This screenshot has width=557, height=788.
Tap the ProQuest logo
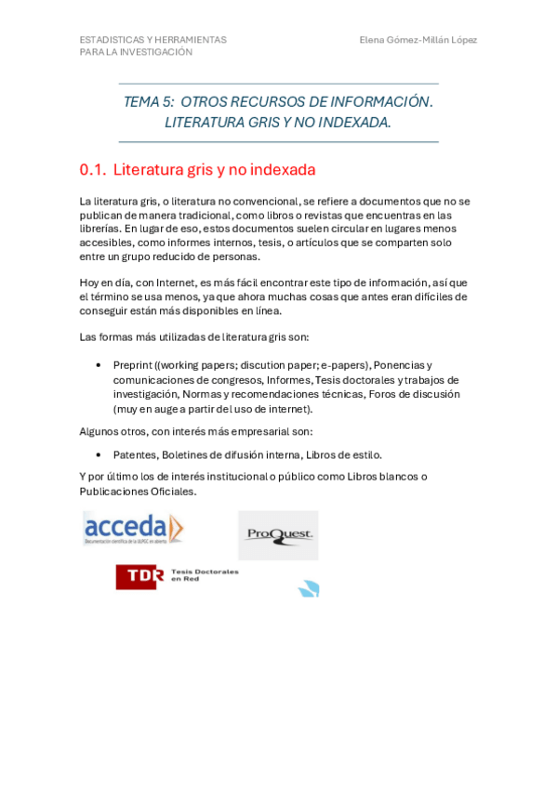point(278,534)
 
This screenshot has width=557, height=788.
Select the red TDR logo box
point(139,576)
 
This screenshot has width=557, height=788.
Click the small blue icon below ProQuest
point(309,588)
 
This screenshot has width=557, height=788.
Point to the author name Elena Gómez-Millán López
point(418,40)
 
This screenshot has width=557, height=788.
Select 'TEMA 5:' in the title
point(148,101)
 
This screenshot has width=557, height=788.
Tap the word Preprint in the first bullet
point(133,365)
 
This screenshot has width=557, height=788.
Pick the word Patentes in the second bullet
point(135,454)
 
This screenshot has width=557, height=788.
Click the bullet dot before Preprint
point(98,365)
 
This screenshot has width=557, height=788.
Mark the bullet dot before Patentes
point(98,454)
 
